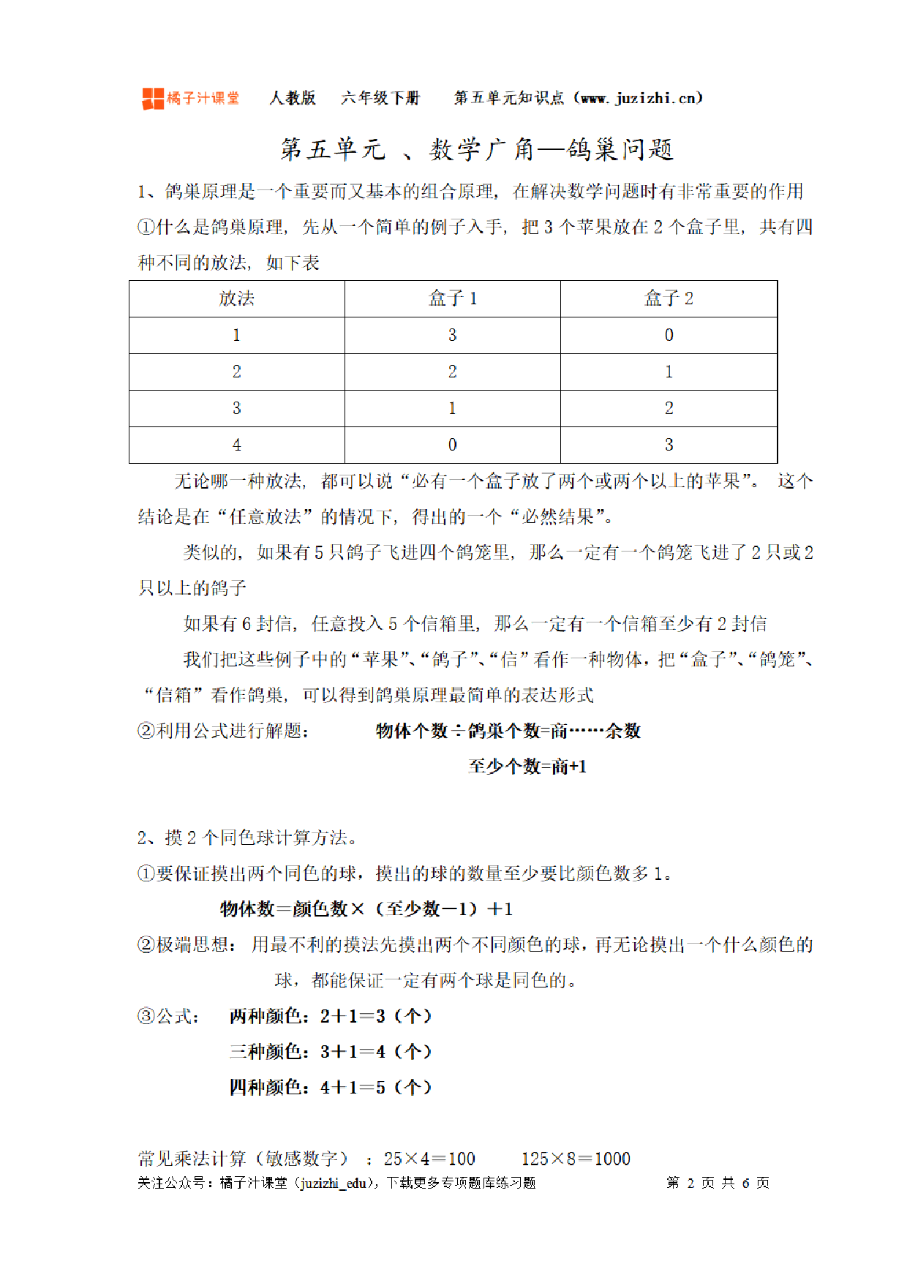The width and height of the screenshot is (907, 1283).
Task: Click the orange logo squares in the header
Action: [152, 98]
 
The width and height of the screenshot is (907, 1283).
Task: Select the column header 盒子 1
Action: [452, 298]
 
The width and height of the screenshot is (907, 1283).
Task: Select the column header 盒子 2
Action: [669, 298]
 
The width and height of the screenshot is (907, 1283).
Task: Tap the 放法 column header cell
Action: [236, 298]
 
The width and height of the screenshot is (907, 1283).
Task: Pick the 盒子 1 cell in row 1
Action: [452, 335]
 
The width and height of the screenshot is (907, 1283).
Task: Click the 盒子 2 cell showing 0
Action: [669, 335]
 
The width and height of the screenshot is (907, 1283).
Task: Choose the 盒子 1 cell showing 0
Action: [452, 445]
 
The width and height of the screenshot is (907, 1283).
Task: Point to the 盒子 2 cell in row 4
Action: [669, 445]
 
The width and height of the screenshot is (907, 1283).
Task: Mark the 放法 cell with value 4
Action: [236, 445]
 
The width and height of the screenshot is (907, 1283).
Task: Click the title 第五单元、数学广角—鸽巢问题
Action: [477, 149]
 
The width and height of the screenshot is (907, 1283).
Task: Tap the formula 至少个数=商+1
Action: [527, 767]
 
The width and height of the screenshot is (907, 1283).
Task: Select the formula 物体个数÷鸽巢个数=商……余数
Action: [508, 731]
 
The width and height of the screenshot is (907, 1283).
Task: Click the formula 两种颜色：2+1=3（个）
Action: [331, 1016]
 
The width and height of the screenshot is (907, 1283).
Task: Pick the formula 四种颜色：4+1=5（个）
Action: [331, 1088]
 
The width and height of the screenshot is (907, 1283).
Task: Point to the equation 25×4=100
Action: [429, 1159]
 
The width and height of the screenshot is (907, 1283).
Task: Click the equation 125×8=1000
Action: [576, 1159]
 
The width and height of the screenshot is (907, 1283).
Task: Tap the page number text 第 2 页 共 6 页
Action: [718, 1183]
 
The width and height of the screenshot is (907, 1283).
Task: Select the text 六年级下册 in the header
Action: [380, 98]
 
